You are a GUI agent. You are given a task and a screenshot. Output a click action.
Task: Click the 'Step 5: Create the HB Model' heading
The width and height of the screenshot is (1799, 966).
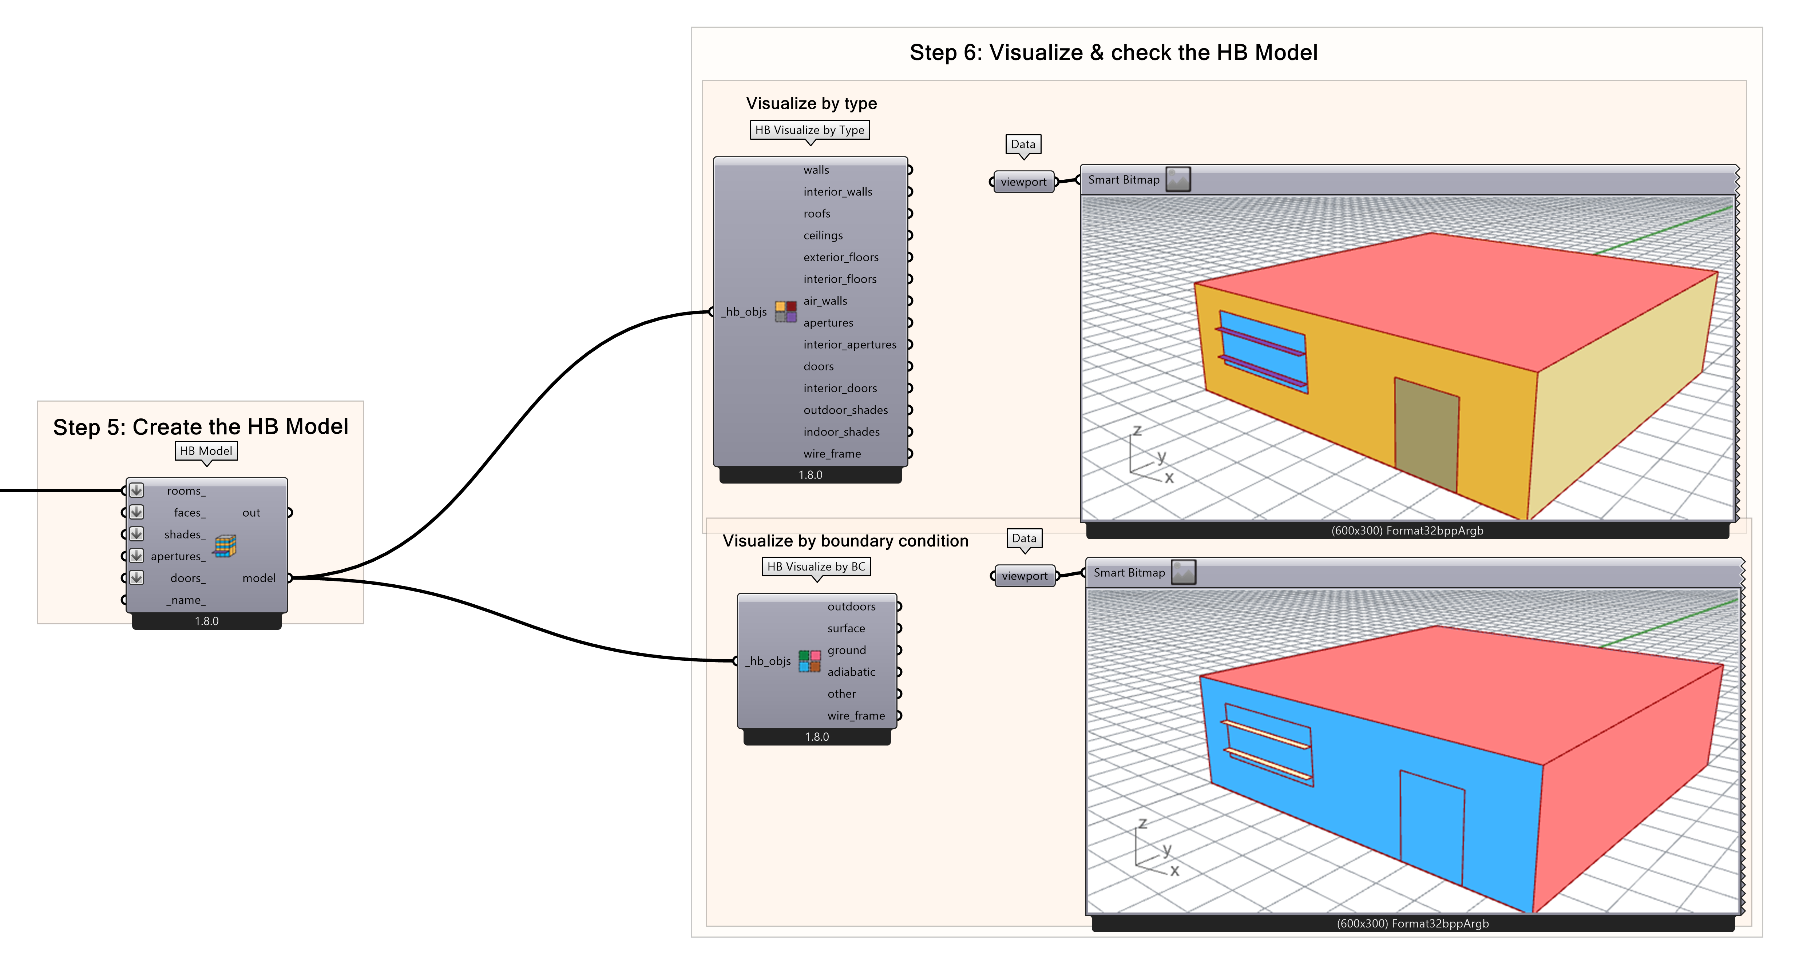click(201, 426)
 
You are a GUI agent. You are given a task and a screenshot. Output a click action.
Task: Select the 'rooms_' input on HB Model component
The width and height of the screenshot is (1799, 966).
click(186, 491)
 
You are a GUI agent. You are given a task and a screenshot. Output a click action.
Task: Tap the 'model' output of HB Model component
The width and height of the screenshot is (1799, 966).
click(259, 578)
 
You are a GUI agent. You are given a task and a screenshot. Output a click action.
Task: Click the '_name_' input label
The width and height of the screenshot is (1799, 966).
click(186, 600)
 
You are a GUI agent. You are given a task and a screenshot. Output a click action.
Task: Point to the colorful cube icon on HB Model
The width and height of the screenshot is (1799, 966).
click(225, 546)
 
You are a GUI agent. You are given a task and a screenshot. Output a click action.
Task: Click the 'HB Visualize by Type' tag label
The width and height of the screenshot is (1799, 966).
click(809, 130)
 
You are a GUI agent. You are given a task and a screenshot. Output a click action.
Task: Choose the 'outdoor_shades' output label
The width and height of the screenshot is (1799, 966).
click(845, 410)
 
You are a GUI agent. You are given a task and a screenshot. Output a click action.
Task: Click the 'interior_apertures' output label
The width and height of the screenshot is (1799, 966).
click(849, 344)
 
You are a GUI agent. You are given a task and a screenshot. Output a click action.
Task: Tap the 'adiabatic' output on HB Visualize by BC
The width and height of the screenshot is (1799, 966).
click(851, 671)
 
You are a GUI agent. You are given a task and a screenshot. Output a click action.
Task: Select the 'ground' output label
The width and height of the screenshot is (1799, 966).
click(847, 650)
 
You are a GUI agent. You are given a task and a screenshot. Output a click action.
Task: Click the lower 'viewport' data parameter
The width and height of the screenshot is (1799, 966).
click(1025, 576)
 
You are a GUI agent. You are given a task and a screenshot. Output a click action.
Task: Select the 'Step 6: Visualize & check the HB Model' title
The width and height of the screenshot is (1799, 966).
click(1113, 52)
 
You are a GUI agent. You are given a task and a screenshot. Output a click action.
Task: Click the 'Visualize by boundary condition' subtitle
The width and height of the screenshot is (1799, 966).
click(845, 541)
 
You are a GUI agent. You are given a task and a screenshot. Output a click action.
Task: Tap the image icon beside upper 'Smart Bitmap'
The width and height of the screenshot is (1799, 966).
click(1178, 179)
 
